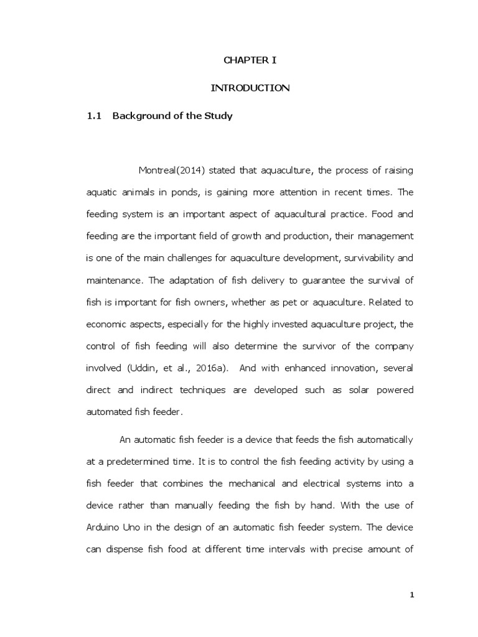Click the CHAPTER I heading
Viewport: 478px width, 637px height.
click(x=249, y=60)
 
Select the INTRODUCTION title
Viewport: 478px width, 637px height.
click(x=250, y=88)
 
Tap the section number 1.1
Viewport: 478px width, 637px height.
click(x=93, y=116)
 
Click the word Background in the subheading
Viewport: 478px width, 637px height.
click(x=138, y=116)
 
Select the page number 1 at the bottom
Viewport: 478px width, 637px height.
click(x=411, y=595)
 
